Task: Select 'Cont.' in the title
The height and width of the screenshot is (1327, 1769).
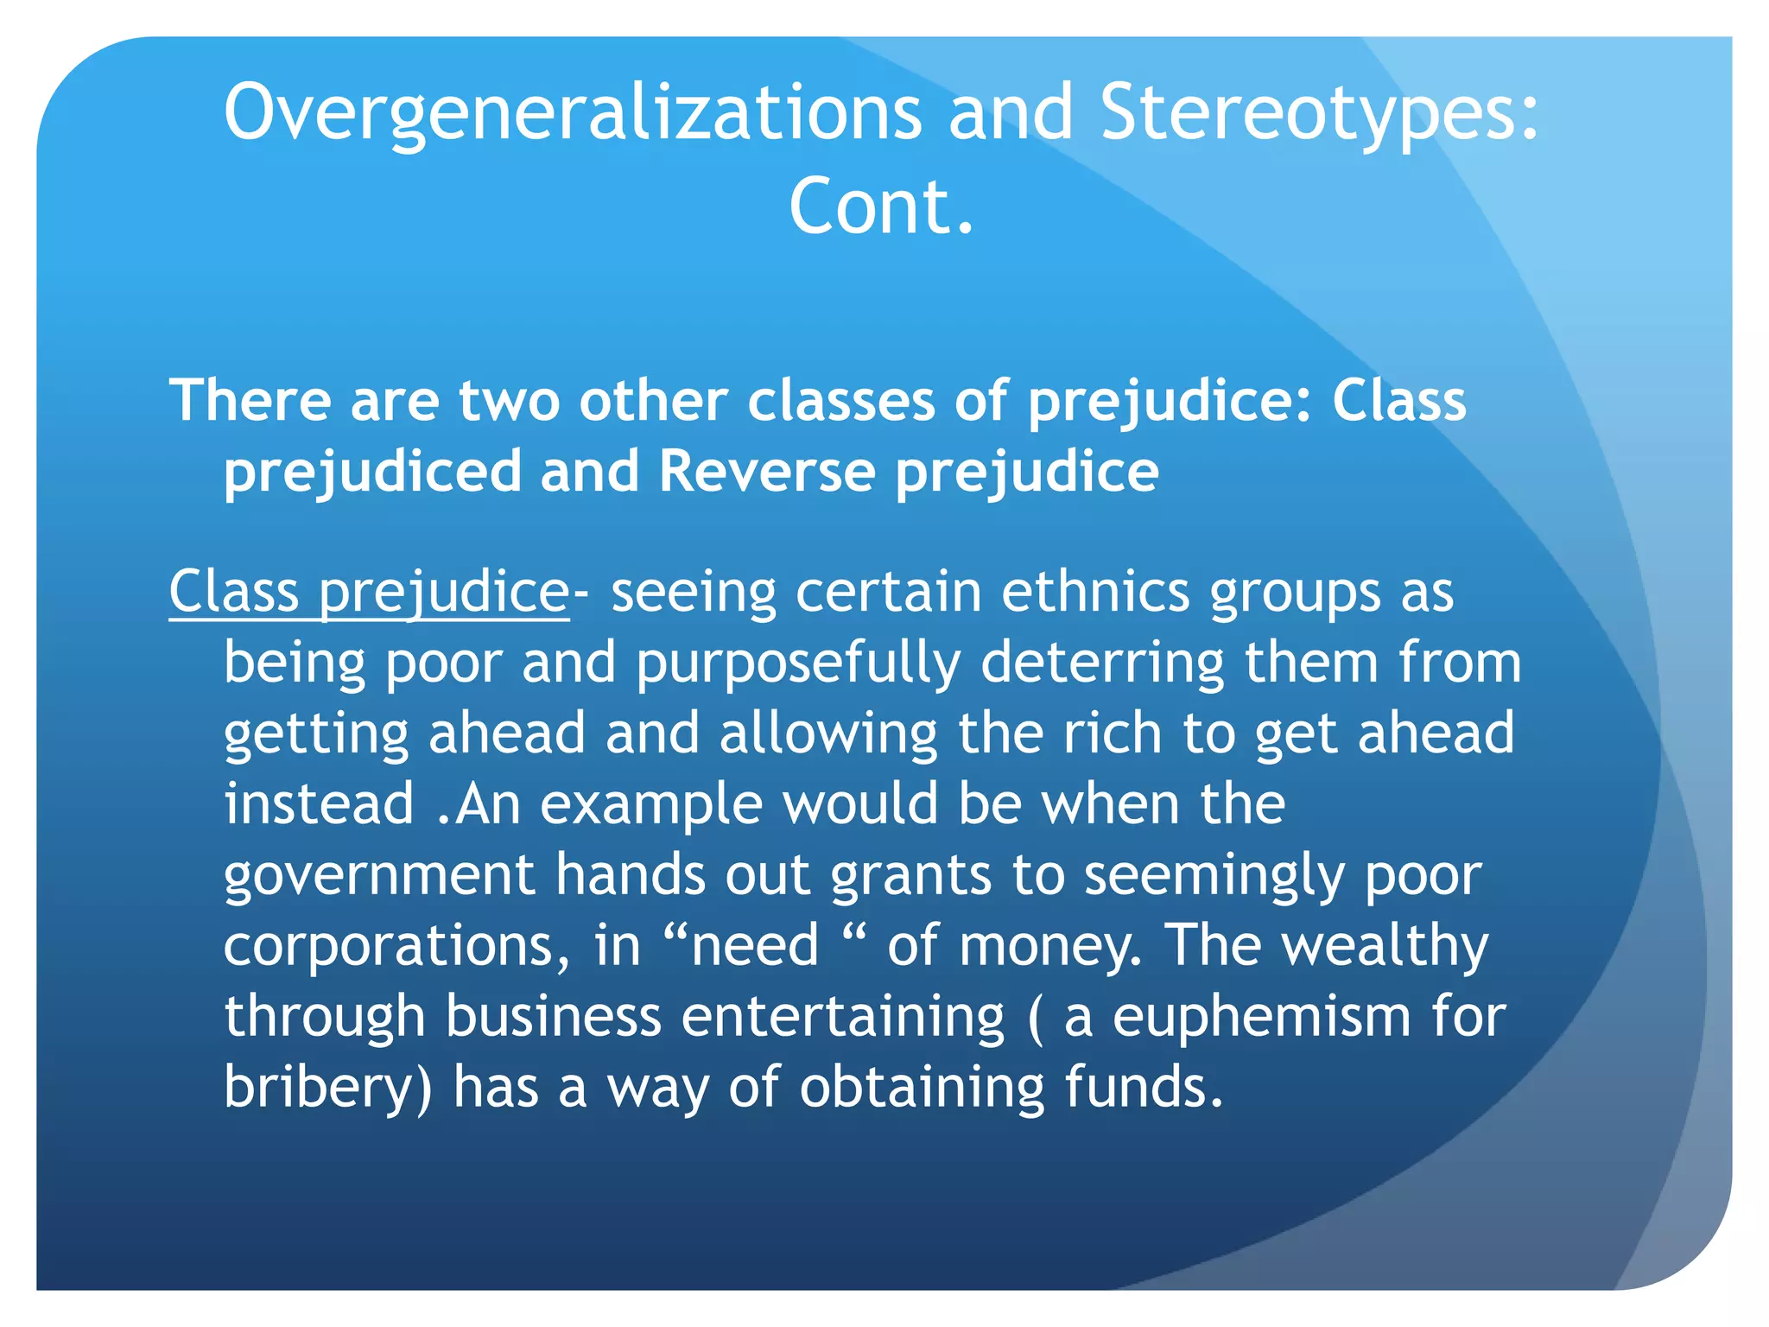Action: [882, 207]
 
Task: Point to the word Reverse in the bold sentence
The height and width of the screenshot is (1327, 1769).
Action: [767, 472]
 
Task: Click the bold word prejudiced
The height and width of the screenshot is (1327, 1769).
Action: [372, 472]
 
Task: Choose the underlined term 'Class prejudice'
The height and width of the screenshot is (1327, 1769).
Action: [369, 593]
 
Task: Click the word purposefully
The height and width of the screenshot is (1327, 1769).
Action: [798, 663]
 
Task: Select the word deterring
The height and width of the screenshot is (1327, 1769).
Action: [1103, 663]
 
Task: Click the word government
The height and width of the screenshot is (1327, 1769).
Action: [379, 875]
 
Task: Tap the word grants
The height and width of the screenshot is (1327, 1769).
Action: [910, 875]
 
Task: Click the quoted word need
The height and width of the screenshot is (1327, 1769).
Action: [754, 945]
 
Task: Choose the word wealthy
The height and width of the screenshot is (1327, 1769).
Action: [1385, 945]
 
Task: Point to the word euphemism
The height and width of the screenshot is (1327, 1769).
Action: [1262, 1017]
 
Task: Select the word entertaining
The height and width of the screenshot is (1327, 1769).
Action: [843, 1017]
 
